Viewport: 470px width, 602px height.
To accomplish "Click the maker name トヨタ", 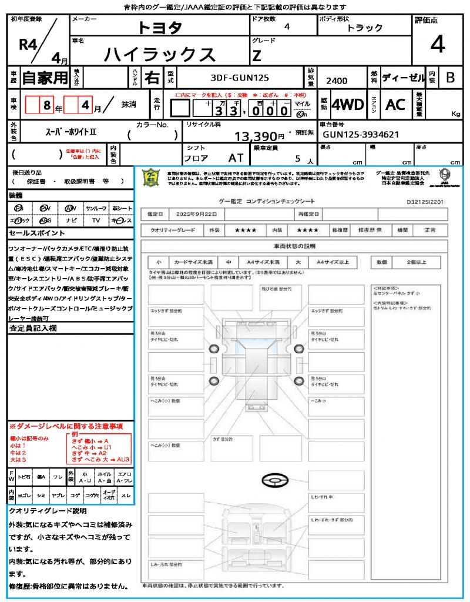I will tap(160, 27).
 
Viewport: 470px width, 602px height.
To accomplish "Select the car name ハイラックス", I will tap(160, 54).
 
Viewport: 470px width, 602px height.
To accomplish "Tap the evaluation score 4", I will tap(437, 44).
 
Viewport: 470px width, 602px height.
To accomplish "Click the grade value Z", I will tap(257, 56).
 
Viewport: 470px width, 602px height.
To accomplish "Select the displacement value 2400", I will tap(337, 81).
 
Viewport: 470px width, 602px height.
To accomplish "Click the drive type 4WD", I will tap(348, 105).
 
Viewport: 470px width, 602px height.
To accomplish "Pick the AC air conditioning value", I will tap(395, 105).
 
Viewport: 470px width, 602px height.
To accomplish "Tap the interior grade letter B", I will tap(450, 78).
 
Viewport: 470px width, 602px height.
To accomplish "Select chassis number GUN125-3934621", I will tap(361, 135).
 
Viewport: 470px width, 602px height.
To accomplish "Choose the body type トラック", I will tap(365, 28).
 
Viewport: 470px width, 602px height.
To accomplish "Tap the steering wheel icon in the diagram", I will tap(275, 481).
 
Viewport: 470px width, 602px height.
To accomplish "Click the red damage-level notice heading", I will tap(66, 426).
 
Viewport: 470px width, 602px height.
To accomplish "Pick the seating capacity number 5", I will tap(297, 158).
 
